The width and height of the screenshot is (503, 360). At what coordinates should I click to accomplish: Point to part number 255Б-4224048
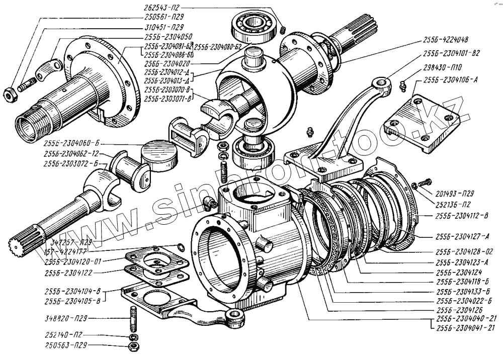[446, 40]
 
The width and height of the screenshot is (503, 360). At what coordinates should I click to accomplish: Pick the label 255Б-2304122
[67, 272]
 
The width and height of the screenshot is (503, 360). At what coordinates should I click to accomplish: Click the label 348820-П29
[67, 318]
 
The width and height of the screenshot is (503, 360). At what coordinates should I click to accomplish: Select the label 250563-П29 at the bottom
[67, 346]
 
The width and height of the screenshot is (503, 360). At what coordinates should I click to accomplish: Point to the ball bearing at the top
[254, 27]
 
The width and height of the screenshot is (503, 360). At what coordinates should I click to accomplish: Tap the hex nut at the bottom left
[133, 346]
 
